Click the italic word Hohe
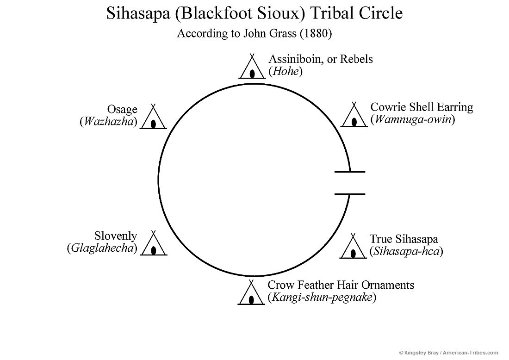click(286, 71)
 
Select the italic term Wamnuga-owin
click(413, 119)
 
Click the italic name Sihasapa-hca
click(406, 251)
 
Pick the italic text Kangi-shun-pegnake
click(322, 297)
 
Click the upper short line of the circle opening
click(350, 172)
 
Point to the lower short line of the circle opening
click(350, 194)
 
